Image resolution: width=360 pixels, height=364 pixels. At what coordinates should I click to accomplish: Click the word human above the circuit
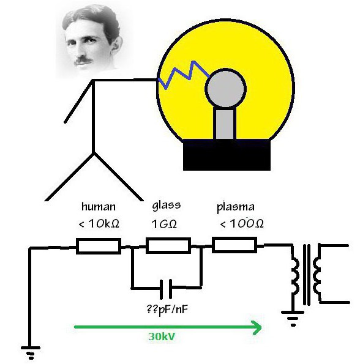(x=99, y=206)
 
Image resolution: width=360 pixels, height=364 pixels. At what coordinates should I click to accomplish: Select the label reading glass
(x=167, y=206)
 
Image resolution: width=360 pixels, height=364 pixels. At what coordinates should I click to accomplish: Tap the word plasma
(x=236, y=207)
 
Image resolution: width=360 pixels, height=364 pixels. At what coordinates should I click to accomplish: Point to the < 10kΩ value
(x=99, y=223)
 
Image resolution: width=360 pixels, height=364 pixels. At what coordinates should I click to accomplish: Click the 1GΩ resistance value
(x=164, y=224)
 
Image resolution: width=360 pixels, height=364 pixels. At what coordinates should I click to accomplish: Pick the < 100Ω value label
(x=242, y=223)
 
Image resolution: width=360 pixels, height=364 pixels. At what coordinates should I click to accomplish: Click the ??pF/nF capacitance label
(x=167, y=309)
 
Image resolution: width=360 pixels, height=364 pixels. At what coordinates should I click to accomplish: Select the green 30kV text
(x=162, y=336)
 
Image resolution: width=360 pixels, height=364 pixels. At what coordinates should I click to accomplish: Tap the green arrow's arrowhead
(x=257, y=327)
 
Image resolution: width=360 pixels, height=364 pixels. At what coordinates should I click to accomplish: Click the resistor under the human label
(x=99, y=246)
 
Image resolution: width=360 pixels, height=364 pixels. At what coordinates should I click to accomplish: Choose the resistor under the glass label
(x=168, y=245)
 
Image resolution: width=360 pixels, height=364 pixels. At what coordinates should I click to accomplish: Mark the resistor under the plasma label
(x=234, y=245)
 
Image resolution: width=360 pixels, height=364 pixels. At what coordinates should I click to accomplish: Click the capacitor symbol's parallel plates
(x=166, y=289)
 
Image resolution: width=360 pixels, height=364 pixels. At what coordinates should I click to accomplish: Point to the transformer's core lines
(x=307, y=275)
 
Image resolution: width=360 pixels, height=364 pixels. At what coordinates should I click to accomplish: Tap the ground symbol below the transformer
(x=293, y=319)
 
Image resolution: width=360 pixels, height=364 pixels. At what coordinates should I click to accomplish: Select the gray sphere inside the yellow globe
(x=225, y=88)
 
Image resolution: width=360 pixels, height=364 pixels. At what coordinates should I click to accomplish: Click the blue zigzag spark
(x=184, y=75)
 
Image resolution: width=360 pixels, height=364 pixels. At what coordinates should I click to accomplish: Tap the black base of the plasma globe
(x=227, y=155)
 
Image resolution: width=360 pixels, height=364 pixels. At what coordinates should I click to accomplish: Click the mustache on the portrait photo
(x=83, y=61)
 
